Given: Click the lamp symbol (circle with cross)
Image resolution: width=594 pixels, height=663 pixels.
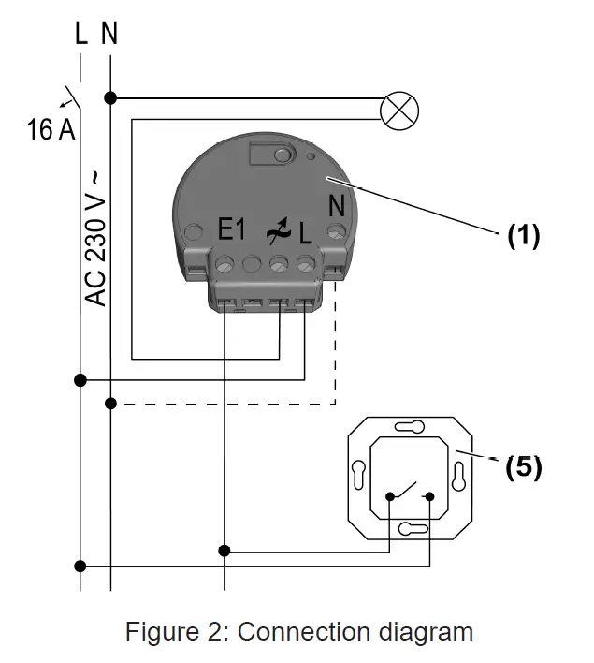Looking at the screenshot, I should [399, 110].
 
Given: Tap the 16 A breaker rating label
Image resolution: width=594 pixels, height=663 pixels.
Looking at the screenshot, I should [51, 129].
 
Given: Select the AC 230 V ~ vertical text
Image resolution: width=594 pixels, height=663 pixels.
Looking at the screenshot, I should [96, 238].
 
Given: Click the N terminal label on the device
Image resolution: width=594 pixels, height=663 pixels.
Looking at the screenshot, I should [335, 203].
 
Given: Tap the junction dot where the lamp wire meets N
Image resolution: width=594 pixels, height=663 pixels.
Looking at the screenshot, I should [110, 97].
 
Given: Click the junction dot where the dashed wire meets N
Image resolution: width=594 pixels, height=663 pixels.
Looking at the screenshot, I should [110, 404].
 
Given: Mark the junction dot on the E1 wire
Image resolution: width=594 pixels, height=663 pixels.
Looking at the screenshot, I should [225, 551].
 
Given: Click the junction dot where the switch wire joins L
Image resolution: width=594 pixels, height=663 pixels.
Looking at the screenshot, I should [80, 566].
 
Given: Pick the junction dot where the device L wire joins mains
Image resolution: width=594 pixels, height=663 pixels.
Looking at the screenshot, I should [80, 379].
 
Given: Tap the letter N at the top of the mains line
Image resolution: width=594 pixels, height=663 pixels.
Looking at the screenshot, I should [110, 35].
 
